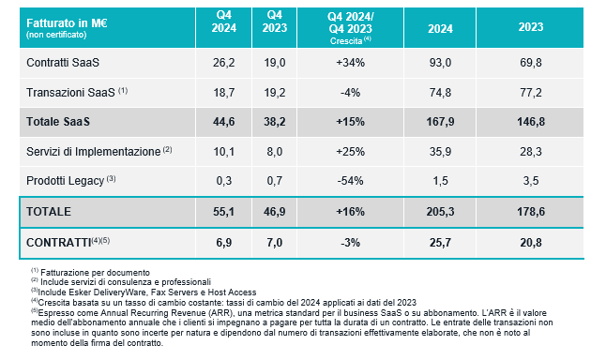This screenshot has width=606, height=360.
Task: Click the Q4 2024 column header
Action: (x=224, y=22)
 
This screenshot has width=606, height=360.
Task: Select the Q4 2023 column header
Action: (x=275, y=22)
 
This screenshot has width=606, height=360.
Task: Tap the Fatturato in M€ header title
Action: (x=67, y=23)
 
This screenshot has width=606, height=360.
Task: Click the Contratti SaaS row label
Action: (x=63, y=63)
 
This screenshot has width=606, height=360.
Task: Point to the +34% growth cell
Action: (x=350, y=63)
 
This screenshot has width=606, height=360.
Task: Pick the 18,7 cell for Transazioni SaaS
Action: (x=224, y=93)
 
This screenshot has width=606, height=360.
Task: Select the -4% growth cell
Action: (x=350, y=93)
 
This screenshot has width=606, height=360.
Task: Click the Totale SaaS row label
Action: (x=58, y=122)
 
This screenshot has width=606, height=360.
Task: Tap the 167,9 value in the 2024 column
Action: (x=440, y=122)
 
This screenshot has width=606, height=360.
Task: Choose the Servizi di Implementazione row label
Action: (x=93, y=152)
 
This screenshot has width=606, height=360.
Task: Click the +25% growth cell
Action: (x=350, y=152)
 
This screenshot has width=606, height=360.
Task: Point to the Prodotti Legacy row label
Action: (x=66, y=181)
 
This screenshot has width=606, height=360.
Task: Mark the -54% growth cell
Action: (x=350, y=181)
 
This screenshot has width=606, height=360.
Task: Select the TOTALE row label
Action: (x=49, y=212)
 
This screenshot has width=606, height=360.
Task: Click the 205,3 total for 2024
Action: (x=440, y=212)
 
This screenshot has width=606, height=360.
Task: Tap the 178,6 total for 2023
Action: (x=531, y=212)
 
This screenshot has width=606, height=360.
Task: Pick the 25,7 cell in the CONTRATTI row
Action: (x=440, y=243)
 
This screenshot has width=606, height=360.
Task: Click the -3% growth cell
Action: (x=350, y=243)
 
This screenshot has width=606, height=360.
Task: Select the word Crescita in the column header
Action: (x=346, y=41)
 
